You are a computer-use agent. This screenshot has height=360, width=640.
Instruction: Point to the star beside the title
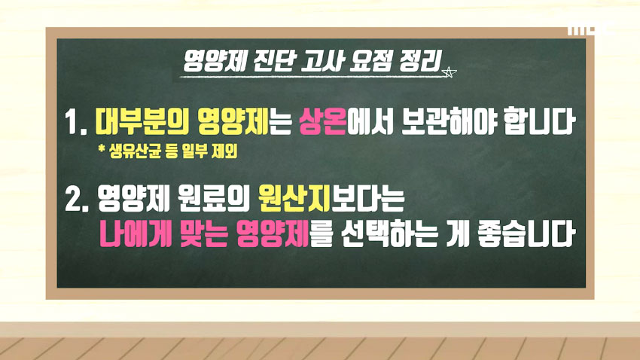pyautogui.click(x=450, y=73)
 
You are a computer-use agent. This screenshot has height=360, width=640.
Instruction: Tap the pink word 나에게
pyautogui.click(x=129, y=235)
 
